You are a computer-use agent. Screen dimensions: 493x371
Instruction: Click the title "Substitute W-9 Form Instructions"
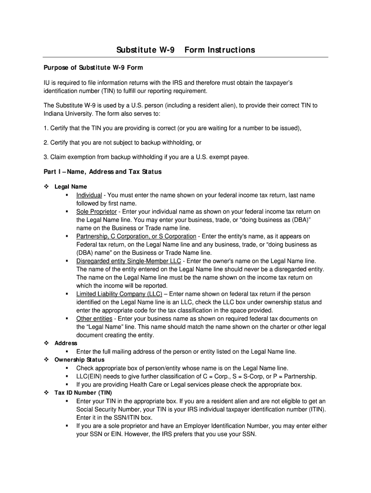tap(186, 50)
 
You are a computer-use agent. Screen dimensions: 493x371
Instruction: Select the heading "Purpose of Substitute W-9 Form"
tap(93, 67)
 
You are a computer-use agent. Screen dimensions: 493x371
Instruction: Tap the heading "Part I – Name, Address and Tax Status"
tap(103, 172)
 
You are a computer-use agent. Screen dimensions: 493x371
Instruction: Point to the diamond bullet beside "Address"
tap(47, 343)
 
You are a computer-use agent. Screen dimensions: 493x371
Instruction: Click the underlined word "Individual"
tap(89, 195)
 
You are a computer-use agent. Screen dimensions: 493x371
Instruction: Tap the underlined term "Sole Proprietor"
tap(96, 211)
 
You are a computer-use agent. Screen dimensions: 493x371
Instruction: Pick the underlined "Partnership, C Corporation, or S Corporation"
tap(136, 236)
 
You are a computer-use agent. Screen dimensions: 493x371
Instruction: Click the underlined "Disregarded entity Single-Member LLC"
tap(129, 261)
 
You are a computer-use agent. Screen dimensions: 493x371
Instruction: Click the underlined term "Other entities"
tap(94, 319)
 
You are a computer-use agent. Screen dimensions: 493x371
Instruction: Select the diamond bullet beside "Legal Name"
tap(47, 187)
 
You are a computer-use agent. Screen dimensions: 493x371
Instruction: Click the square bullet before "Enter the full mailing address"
tap(66, 351)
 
